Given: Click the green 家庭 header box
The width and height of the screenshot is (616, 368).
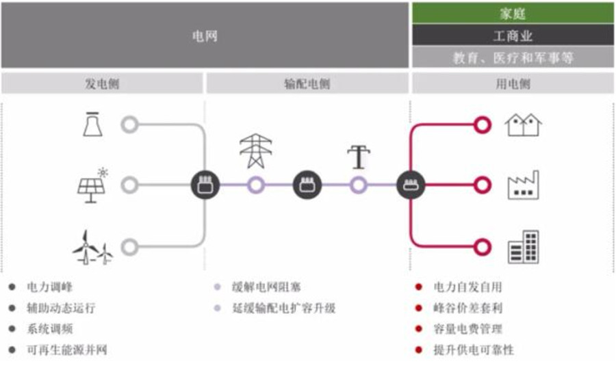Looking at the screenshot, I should tap(512, 13).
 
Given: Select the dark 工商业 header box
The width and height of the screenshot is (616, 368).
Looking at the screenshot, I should tap(512, 35).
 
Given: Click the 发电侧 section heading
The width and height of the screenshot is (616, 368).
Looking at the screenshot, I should tap(102, 83).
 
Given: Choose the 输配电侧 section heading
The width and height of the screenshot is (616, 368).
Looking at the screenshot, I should tap(307, 83).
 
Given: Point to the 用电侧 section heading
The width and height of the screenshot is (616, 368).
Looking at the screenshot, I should tap(512, 83).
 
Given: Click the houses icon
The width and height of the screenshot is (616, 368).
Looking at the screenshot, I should tap(523, 124).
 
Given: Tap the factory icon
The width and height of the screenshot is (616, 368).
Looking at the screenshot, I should tap(523, 185).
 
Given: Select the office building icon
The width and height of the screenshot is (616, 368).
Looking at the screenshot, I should tap(523, 247).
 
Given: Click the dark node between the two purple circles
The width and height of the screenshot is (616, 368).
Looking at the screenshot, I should tap(307, 185).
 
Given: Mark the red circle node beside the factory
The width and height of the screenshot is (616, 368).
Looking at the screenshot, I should tap(483, 185).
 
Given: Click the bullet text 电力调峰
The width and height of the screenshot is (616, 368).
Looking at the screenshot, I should tap(49, 287).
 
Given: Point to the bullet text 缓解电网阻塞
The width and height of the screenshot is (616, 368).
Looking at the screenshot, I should tap(266, 287).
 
